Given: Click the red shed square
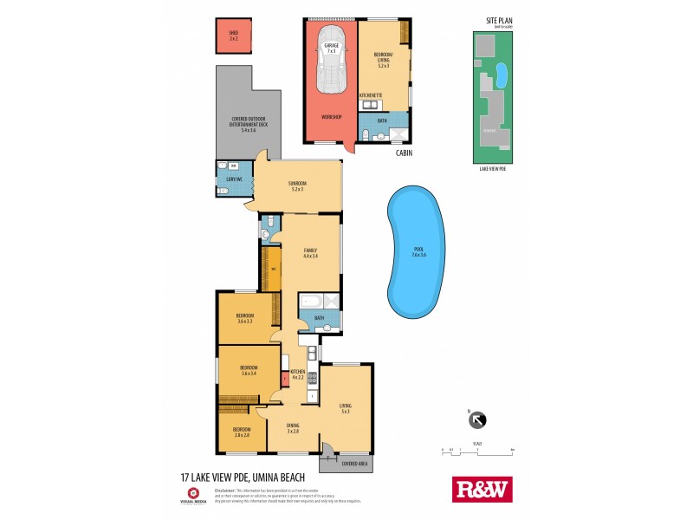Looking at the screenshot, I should coord(233,37).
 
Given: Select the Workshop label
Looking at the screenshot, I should coord(331,117).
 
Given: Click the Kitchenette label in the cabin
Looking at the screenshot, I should coord(371,94).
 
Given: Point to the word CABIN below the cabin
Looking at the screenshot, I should coord(404,153).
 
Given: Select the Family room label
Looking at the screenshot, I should coord(309,253).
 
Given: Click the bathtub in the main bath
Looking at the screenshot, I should coord(310,302).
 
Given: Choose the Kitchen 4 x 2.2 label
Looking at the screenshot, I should coord(298,373).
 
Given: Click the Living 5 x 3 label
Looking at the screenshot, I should coord(345,408).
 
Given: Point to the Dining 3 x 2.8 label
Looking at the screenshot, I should coord(294,427).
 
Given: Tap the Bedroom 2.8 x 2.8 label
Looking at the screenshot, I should coord(241,432).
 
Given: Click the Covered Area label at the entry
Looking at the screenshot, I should coord(345,464).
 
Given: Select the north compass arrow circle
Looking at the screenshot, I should coord(476,420).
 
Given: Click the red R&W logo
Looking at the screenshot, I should coord(483,489).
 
